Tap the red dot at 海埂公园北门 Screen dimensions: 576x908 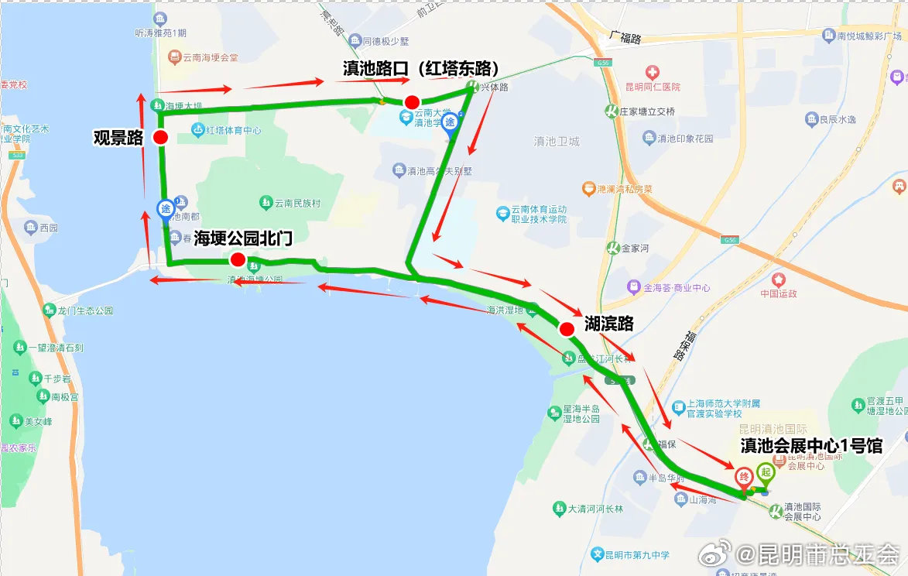(238, 259)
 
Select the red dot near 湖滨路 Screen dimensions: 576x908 (567, 329)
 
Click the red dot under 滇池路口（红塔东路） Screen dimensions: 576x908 (413, 102)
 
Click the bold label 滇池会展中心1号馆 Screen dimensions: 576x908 (811, 446)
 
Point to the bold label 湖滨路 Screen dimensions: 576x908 (608, 324)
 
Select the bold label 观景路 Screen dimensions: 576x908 (118, 138)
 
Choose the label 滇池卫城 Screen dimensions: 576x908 (556, 142)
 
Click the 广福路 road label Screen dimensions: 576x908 (625, 38)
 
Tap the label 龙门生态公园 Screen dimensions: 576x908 (85, 310)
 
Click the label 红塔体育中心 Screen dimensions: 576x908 (233, 130)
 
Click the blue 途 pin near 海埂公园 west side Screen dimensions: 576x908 (166, 209)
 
